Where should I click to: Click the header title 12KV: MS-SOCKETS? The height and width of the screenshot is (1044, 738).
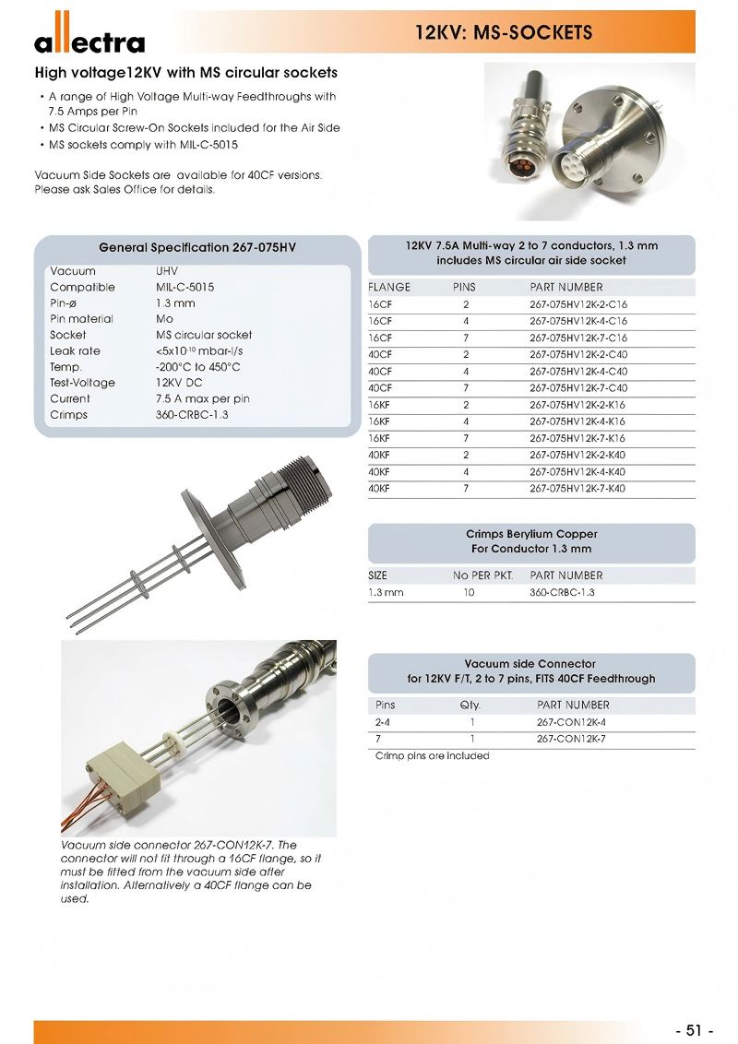[503, 33]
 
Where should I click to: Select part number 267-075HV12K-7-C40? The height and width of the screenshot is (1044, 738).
[577, 388]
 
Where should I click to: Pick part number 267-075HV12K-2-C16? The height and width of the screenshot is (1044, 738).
[577, 304]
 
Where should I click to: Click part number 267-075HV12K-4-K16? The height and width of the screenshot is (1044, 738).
[577, 421]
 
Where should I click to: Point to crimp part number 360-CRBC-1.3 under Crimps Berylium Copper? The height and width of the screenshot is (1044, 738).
[562, 592]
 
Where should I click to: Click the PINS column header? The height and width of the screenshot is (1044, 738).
[464, 287]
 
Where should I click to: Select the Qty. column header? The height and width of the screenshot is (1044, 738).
[470, 705]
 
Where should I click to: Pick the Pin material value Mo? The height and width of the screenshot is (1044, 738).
[164, 319]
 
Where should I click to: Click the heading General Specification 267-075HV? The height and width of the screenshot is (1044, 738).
[197, 247]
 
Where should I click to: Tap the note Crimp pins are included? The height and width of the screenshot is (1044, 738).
[432, 756]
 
